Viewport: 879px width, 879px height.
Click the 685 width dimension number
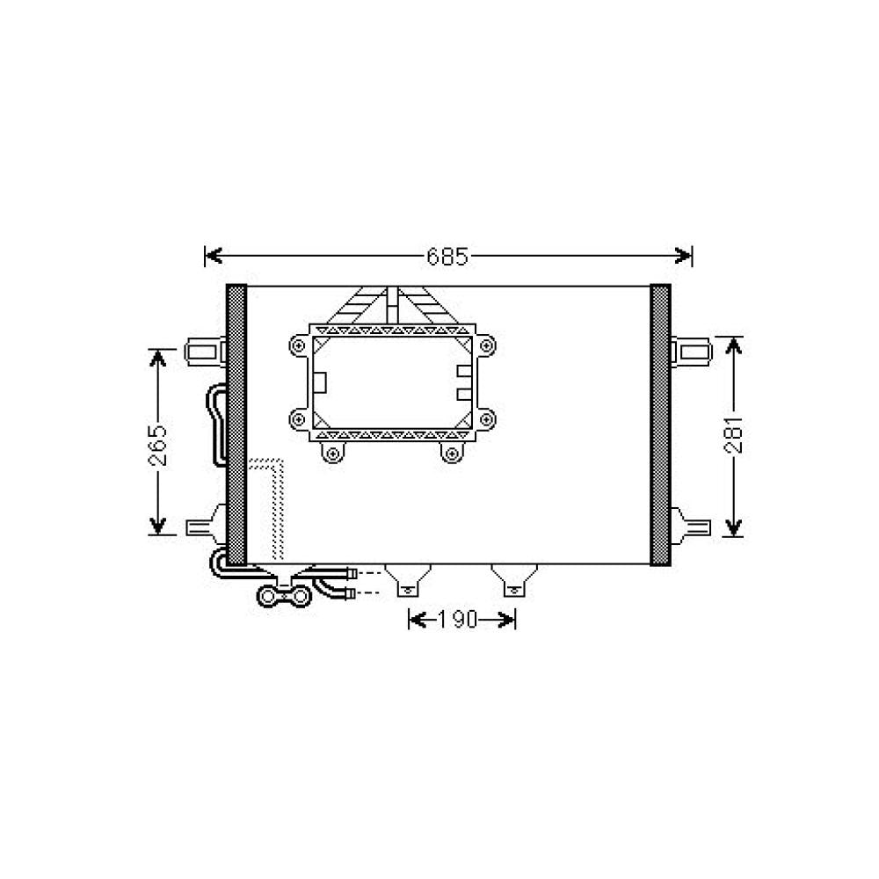click(x=447, y=257)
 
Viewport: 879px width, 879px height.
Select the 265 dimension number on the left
click(x=157, y=442)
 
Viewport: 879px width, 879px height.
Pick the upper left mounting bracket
click(x=204, y=352)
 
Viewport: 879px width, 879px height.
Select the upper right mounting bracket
click(x=691, y=352)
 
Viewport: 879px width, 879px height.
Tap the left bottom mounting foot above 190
click(x=405, y=579)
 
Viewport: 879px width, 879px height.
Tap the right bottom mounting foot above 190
click(x=511, y=579)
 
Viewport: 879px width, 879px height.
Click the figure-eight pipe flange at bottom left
click(x=283, y=598)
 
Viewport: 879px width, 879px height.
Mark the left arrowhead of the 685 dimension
click(x=212, y=256)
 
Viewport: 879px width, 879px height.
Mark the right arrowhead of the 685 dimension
click(x=686, y=256)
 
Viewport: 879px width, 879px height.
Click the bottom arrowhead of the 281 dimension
click(x=735, y=527)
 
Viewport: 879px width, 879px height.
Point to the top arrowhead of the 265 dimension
click(x=157, y=359)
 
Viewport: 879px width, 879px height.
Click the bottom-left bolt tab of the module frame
click(x=331, y=453)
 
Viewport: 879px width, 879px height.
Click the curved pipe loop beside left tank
click(x=216, y=426)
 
